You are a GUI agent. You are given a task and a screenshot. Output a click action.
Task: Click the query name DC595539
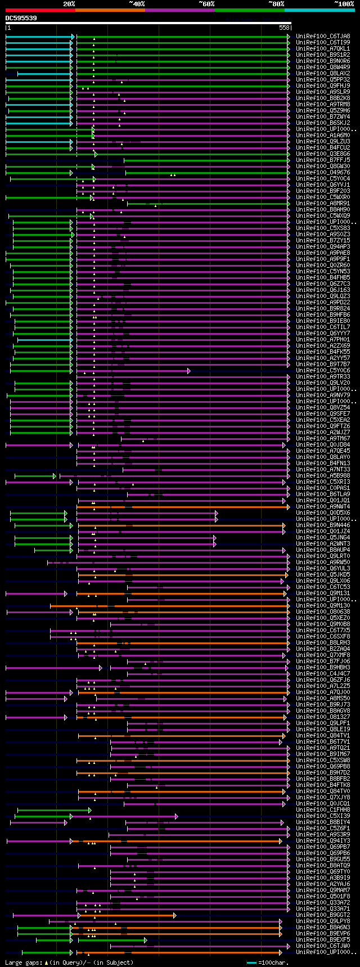[21, 18]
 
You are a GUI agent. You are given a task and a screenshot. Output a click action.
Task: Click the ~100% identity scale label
[344, 3]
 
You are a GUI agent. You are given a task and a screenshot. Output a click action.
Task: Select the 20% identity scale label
[69, 3]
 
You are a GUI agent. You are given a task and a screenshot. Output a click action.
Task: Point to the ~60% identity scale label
[206, 3]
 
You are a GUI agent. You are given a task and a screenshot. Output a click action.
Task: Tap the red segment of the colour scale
[40, 10]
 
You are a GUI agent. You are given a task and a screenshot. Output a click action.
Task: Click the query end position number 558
[284, 28]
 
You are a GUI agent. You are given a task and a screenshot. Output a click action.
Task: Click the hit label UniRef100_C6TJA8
[323, 37]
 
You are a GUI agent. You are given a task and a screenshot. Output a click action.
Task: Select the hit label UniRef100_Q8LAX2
[323, 74]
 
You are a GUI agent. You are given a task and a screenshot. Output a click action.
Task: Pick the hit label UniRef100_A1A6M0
[323, 136]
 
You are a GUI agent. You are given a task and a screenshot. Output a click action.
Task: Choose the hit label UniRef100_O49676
[323, 173]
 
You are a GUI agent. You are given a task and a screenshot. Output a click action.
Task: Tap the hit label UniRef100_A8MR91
[323, 204]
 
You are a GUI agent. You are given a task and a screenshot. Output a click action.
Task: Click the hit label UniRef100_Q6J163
[323, 290]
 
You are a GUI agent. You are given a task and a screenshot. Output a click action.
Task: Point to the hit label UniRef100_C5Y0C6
[323, 371]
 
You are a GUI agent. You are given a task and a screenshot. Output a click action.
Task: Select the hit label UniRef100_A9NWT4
[323, 507]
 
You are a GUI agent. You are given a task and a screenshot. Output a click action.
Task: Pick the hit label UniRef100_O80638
[323, 612]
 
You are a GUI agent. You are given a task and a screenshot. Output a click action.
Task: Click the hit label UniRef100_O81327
[323, 717]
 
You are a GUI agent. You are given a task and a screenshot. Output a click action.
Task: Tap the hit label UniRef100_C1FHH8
[323, 810]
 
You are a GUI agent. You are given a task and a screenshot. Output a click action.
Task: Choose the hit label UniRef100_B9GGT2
[323, 915]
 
